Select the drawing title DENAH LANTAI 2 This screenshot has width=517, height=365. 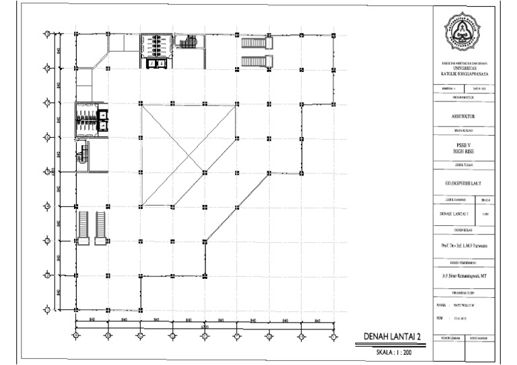392,336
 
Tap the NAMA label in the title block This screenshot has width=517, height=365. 442,305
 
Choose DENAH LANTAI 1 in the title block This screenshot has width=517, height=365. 453,214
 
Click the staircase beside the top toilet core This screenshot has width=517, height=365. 187,44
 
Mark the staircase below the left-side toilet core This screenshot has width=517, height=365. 83,154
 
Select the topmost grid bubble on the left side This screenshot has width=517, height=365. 46,33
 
